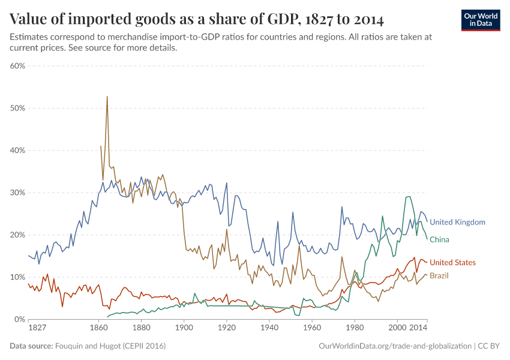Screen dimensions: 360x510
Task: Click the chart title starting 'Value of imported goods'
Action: tap(197, 19)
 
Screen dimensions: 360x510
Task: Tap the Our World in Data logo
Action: tap(480, 20)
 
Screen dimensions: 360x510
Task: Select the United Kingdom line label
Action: tap(457, 222)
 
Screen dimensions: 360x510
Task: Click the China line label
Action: tap(439, 239)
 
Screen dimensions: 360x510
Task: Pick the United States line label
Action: tap(452, 262)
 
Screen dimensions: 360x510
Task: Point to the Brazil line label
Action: tap(439, 275)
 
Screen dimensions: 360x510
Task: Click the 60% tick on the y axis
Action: tap(17, 66)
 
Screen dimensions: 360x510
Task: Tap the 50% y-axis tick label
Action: tap(17, 108)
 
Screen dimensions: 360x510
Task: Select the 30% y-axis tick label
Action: tap(17, 193)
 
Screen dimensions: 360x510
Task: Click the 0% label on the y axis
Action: tap(19, 319)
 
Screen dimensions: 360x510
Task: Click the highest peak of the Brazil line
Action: tap(107, 97)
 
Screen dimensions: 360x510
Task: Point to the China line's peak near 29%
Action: tap(408, 196)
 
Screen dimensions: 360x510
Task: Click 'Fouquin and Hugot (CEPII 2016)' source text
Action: tap(110, 346)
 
